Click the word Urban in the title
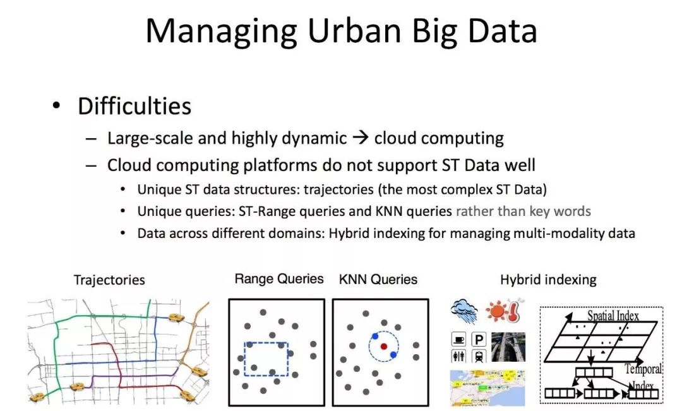coord(354,32)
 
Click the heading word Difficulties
coord(135,106)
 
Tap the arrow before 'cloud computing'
coord(361,138)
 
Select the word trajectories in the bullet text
coord(338,189)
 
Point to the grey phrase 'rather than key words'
coord(523,211)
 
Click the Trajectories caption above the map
coord(109,280)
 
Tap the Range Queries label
coord(279,279)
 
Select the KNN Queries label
coord(378,279)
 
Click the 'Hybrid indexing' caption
coord(548,280)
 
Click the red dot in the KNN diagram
coord(384,346)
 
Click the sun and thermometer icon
coord(505,310)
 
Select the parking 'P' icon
coord(479,339)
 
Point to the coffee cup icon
coord(459,339)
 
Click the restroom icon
coord(459,356)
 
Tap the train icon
coord(479,356)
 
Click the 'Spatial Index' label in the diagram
coord(613,315)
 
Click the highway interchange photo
coord(508,347)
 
